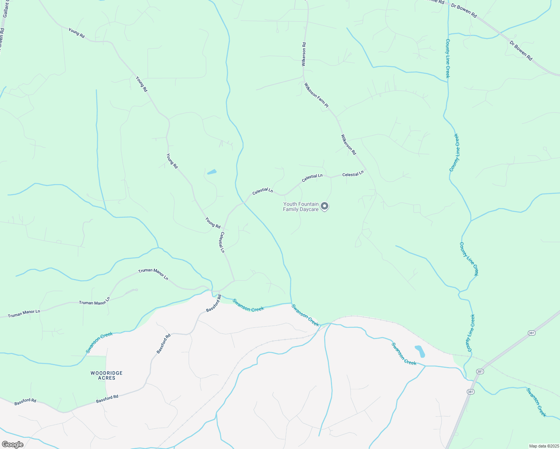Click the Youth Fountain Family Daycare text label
[x=301, y=207]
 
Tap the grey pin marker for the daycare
[x=325, y=206]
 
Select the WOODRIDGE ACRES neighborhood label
[x=107, y=376]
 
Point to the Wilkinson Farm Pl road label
[x=316, y=95]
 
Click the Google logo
[x=12, y=445]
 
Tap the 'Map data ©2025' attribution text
[x=544, y=446]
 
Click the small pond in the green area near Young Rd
[x=212, y=172]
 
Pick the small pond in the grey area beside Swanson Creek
[x=420, y=351]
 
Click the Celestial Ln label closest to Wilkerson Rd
[x=353, y=174]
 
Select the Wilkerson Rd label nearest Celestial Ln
[x=349, y=145]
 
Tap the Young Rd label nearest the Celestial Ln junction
[x=213, y=223]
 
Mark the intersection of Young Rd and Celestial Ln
[x=223, y=228]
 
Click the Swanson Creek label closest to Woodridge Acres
[x=99, y=342]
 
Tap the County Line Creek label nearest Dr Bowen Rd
[x=448, y=58]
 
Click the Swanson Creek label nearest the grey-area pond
[x=404, y=354]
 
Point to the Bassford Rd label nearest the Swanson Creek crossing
[x=214, y=304]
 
